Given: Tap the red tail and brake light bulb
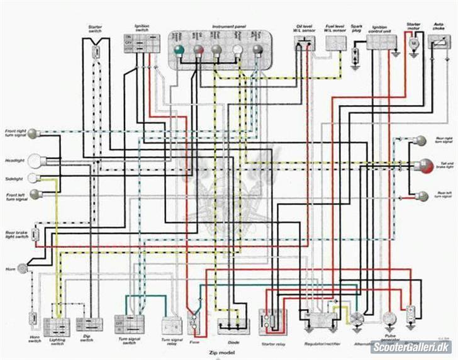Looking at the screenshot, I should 423,166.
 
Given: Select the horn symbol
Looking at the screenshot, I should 23,268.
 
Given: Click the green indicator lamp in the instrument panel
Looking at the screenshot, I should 179,50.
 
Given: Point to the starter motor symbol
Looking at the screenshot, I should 414,44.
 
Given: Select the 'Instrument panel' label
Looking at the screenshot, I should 228,27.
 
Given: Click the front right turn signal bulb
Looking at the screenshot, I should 32,133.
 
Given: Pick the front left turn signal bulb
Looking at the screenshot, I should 35,194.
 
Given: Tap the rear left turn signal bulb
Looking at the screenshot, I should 423,196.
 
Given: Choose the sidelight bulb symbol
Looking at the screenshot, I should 33,178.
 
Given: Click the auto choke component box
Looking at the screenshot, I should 437,42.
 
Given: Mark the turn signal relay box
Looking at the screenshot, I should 171,325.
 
